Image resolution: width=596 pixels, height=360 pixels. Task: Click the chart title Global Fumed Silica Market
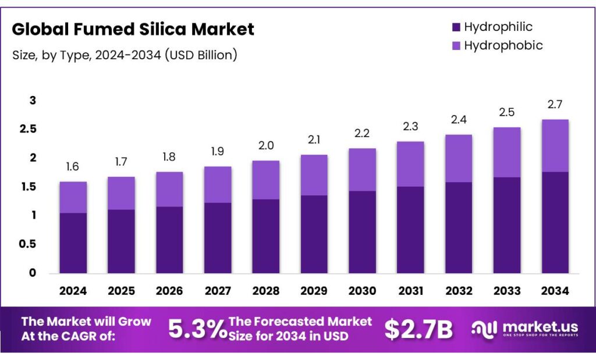click(133, 30)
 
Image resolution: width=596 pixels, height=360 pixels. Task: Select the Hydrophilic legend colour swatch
click(456, 27)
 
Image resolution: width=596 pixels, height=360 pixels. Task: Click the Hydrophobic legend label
click(503, 45)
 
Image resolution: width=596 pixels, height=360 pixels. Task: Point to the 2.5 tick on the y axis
click(29, 129)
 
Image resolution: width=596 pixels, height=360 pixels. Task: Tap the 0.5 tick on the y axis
click(29, 244)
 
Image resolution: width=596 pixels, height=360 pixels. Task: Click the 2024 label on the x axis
click(73, 291)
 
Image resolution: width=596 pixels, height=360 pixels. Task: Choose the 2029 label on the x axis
click(314, 291)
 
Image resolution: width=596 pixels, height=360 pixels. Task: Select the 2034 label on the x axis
click(555, 291)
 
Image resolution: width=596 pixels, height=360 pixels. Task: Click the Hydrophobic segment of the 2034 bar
click(555, 145)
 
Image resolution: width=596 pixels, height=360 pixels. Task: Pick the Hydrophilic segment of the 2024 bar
click(73, 243)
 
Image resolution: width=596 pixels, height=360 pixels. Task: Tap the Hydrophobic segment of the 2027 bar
click(217, 184)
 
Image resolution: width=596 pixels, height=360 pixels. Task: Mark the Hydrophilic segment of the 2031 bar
click(410, 230)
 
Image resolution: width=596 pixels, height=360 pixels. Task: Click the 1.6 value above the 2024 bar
click(73, 167)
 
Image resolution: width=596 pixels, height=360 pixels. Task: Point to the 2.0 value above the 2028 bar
click(265, 146)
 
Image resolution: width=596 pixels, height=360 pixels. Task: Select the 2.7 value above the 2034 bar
click(555, 105)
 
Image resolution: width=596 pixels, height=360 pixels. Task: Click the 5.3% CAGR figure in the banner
click(197, 330)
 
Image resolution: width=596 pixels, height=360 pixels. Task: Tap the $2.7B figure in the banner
click(418, 330)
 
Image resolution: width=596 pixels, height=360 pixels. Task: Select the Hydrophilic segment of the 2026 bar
click(169, 240)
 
